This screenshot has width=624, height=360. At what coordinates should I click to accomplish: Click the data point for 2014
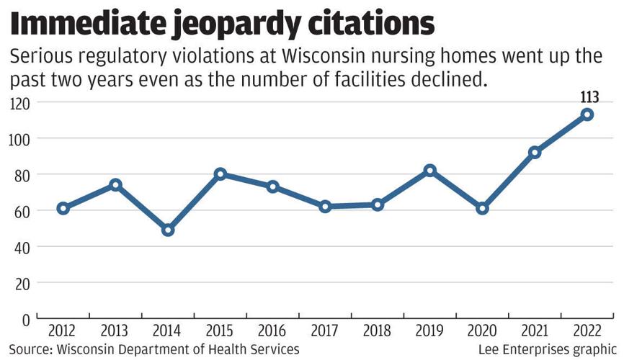point(168,230)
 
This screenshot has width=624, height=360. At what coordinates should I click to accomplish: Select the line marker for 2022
point(587,114)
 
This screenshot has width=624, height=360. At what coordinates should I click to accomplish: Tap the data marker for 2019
point(430,171)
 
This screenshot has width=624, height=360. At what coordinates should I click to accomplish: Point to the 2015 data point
point(220,174)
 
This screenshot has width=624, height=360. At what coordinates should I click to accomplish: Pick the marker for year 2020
point(482,208)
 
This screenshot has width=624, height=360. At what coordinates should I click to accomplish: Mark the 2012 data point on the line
point(63,208)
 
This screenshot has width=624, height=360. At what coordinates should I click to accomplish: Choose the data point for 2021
point(535,153)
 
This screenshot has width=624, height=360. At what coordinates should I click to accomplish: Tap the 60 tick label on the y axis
point(22,211)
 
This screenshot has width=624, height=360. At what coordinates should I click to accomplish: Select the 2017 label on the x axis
point(325,332)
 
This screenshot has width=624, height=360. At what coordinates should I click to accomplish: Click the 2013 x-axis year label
point(115,332)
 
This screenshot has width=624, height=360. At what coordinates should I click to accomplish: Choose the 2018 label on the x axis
point(378,332)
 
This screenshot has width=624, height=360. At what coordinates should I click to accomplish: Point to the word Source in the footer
point(28,349)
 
